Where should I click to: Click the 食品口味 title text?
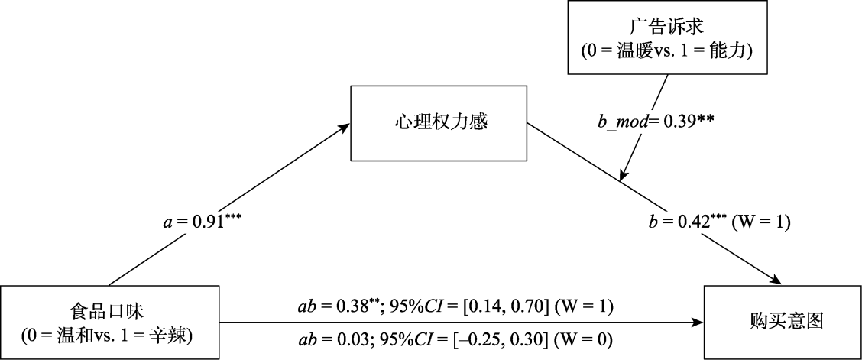[x=110, y=313]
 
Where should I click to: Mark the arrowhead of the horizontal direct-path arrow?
[x=698, y=323]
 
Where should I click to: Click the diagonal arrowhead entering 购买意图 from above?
[x=775, y=280]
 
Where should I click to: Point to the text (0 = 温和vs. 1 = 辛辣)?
[x=110, y=336]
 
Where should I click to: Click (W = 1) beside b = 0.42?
[x=761, y=222]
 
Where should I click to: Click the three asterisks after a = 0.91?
[x=232, y=219]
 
